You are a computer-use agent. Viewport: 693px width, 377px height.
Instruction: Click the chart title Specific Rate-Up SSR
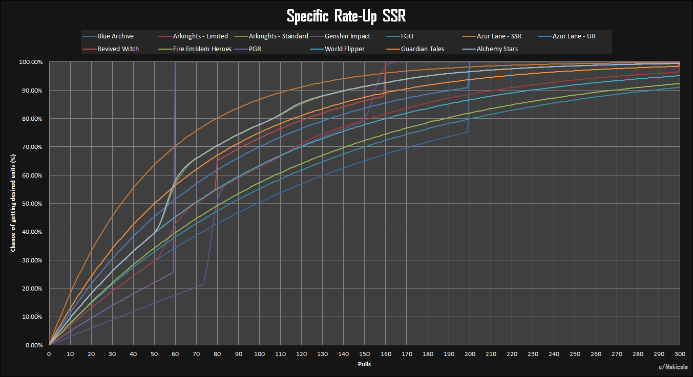point(346,16)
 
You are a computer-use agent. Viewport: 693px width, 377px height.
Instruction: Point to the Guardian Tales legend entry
point(422,49)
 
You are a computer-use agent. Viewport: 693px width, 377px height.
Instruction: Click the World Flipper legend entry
point(345,49)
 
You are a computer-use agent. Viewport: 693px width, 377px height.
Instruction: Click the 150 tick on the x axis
point(365,354)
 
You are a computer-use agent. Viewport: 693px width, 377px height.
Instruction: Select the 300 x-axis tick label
point(680,354)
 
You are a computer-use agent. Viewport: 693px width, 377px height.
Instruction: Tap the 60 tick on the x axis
point(175,354)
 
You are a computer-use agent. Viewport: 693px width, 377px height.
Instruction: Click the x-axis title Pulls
point(364,365)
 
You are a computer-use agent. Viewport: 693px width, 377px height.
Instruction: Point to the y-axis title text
point(13,204)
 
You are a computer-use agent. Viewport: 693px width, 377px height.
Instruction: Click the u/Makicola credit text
point(674,367)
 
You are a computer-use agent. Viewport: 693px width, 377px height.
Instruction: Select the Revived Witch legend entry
point(118,49)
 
